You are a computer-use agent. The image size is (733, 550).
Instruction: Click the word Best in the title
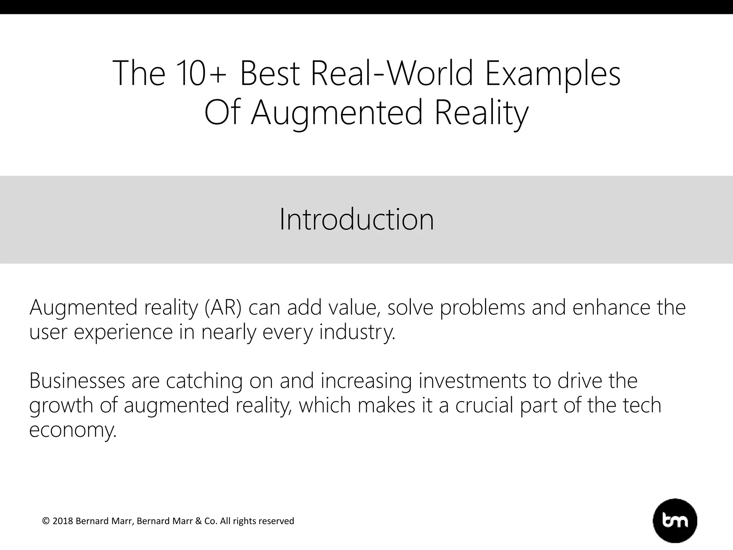click(x=269, y=74)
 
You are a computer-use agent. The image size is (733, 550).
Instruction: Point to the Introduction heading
click(x=356, y=219)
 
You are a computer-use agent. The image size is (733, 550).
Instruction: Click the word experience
click(x=123, y=332)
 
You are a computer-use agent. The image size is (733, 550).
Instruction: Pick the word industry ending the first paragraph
click(x=357, y=332)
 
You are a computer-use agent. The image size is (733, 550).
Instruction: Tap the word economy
click(x=73, y=430)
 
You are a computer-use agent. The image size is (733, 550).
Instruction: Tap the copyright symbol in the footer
click(x=46, y=521)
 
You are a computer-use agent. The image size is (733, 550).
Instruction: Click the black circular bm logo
click(x=675, y=521)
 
